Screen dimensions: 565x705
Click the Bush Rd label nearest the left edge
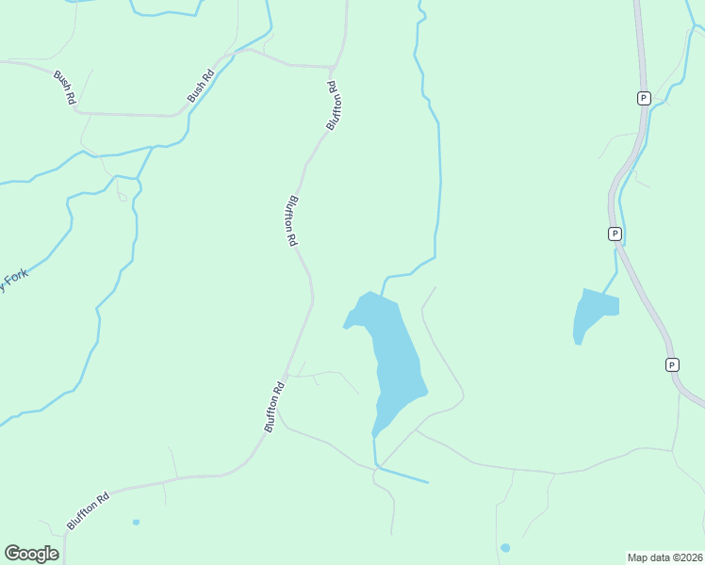[x=65, y=90]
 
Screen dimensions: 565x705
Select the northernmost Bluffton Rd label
[x=333, y=105]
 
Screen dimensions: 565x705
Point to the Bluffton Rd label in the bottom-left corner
[x=88, y=508]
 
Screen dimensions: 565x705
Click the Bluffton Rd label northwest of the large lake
[x=291, y=220]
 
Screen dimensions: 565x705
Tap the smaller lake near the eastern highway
[x=592, y=313]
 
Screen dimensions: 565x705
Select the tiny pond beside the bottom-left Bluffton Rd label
[x=136, y=522]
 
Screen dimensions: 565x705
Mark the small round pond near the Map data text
[x=505, y=548]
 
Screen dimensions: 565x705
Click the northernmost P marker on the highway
[x=644, y=98]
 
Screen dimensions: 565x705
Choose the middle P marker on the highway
[x=614, y=234]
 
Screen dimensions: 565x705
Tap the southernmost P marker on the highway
[x=672, y=364]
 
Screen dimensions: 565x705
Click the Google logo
[x=31, y=554]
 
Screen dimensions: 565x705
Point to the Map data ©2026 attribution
[x=664, y=557]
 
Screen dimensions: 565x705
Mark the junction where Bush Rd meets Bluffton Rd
[x=333, y=68]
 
